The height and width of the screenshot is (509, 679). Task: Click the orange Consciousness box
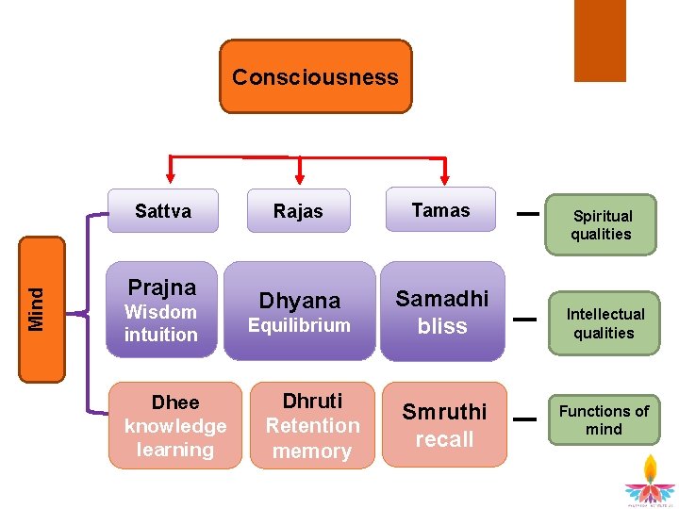click(316, 76)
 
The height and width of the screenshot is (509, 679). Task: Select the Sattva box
click(162, 211)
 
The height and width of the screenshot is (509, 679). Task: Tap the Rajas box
click(298, 211)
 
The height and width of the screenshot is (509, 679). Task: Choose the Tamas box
click(440, 210)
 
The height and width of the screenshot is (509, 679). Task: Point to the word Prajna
click(162, 287)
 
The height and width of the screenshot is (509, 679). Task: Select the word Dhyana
click(299, 301)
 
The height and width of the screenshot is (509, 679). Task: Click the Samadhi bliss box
click(442, 311)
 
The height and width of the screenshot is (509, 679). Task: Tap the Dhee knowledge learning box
click(175, 425)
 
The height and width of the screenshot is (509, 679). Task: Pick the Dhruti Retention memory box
click(312, 425)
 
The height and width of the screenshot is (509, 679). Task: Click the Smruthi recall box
click(444, 424)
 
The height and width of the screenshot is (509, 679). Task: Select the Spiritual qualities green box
click(601, 224)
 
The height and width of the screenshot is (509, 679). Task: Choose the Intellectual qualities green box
click(604, 323)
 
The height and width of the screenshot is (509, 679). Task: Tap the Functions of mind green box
click(604, 419)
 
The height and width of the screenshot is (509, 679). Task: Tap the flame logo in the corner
click(649, 481)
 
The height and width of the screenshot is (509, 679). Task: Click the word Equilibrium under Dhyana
click(299, 326)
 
